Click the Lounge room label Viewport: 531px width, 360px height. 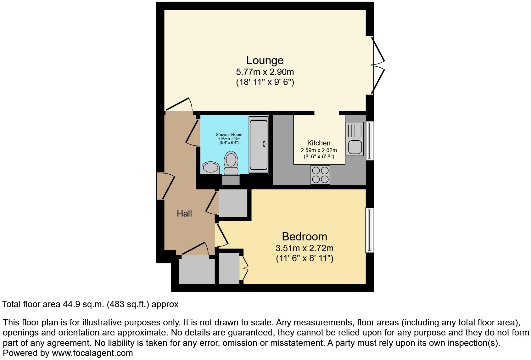point(265,60)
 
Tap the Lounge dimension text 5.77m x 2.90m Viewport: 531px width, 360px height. point(265,72)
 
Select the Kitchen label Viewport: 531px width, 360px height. point(319,143)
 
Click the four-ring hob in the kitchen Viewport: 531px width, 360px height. point(320,175)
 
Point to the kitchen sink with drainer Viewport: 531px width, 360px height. point(355,139)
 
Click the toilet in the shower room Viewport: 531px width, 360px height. point(231,163)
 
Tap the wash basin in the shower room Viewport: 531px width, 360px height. point(210,168)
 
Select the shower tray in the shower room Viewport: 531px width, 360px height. point(258,145)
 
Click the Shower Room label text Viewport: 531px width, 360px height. point(229,135)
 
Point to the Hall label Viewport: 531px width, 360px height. point(184,214)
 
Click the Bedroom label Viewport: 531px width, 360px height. point(304,237)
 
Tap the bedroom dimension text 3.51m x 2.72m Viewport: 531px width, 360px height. point(304,248)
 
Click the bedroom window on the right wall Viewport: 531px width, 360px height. point(369,230)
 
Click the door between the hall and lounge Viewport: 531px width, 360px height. point(179,105)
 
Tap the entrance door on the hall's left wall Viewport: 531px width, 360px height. point(166,186)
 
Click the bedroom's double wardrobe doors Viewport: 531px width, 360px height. point(244,268)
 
